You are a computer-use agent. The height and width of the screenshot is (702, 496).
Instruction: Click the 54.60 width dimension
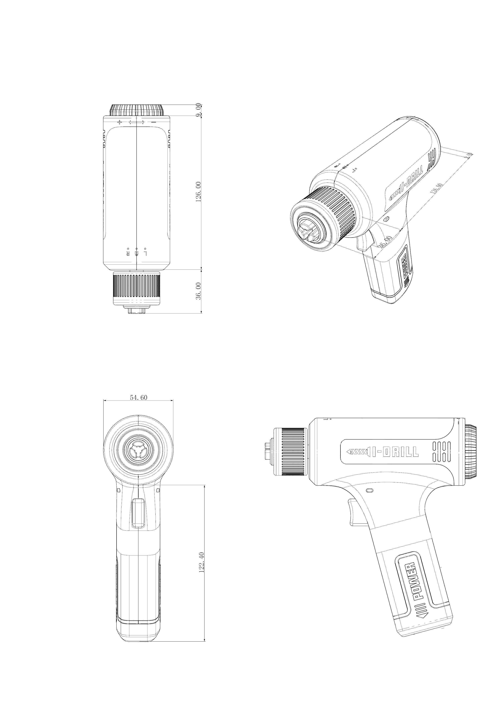coord(139,398)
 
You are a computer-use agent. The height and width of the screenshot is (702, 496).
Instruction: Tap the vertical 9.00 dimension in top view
coord(199,110)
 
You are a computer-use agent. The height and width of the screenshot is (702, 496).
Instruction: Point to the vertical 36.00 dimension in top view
coord(199,291)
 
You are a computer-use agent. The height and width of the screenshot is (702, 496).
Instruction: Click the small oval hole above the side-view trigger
coord(369,490)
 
